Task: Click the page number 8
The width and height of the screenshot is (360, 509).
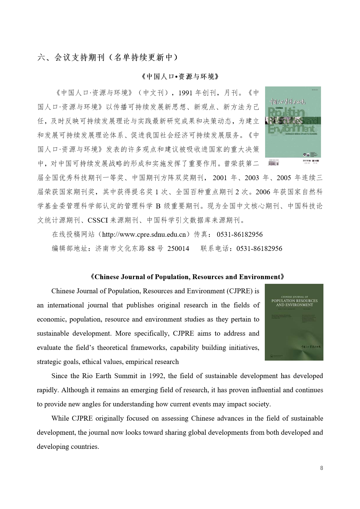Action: [x=321, y=468]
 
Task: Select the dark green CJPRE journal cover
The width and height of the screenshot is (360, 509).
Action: [x=294, y=322]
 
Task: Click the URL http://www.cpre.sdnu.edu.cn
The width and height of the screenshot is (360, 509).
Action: [x=144, y=234]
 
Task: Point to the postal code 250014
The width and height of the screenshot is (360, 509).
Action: [x=178, y=248]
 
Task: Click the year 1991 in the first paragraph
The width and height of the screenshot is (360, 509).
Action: [x=186, y=93]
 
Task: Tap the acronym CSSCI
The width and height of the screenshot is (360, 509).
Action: [x=98, y=220]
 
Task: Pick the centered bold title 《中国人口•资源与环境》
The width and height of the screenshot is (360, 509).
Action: [x=180, y=77]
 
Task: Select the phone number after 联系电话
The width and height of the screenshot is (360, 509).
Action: [x=259, y=248]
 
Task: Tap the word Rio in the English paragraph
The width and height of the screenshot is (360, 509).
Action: [x=87, y=376]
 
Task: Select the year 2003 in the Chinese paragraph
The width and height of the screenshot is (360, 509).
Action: [x=252, y=178]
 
